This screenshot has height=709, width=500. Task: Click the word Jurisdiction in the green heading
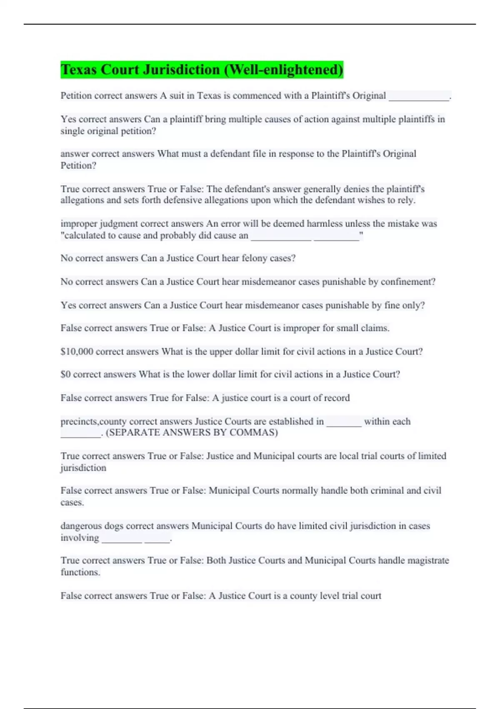[181, 70]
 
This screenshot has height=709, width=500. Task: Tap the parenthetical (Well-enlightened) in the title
[284, 70]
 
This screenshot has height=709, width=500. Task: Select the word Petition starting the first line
[76, 96]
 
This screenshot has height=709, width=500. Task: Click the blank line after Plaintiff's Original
[419, 97]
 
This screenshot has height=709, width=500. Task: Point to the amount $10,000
[77, 352]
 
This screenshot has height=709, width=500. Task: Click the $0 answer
[65, 375]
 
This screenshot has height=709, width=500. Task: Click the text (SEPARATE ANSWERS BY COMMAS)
[192, 432]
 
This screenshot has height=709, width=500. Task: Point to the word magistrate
[428, 561]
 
